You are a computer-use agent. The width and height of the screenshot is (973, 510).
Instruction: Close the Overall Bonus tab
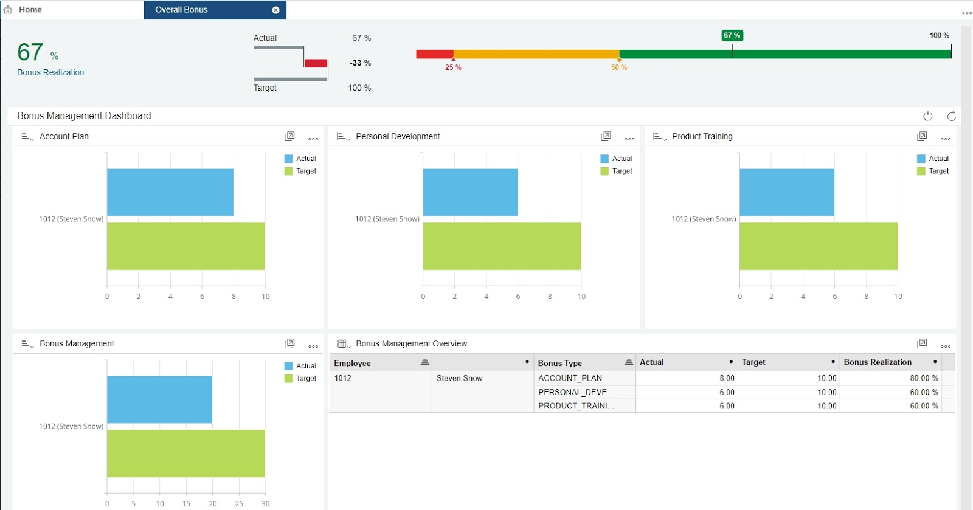(275, 10)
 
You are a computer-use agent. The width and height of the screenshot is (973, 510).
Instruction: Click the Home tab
(30, 10)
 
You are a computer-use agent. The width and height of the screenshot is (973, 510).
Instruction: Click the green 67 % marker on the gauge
(732, 36)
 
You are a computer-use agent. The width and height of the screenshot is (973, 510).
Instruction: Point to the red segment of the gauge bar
(434, 54)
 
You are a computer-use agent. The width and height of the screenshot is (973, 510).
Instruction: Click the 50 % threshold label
(618, 67)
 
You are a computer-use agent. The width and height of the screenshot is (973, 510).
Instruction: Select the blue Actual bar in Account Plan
(170, 192)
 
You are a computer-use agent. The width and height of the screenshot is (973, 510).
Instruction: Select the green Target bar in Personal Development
(502, 246)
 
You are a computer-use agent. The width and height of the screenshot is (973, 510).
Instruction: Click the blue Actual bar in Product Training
(786, 192)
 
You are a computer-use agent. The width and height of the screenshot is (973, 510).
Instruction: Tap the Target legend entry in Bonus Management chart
(306, 378)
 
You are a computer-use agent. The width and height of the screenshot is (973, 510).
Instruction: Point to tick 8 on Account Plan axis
(234, 297)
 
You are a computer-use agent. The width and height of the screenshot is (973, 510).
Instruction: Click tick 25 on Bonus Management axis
(239, 503)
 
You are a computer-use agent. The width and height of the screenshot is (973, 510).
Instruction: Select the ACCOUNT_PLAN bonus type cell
(570, 378)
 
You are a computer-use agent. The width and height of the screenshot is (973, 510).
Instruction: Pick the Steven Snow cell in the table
(459, 378)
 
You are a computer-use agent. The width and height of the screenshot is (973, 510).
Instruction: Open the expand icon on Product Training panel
(922, 136)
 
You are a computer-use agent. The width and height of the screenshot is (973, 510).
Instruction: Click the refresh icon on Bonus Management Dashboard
(951, 116)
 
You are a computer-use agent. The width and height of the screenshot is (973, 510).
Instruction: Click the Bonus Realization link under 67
(50, 72)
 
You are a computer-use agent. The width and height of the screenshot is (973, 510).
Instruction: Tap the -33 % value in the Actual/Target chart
(360, 63)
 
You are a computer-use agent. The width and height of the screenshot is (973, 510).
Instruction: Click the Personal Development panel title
(398, 136)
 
